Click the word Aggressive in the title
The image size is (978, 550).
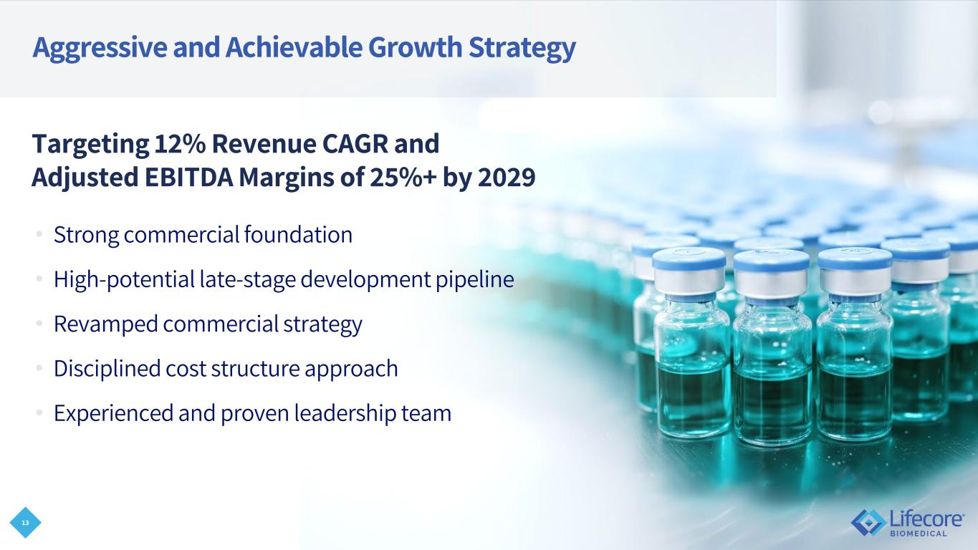(100, 48)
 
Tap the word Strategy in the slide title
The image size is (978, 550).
(522, 48)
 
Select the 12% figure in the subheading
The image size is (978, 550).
(180, 144)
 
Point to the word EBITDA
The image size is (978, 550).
(188, 177)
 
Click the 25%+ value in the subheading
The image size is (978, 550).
(403, 177)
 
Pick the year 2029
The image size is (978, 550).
(507, 177)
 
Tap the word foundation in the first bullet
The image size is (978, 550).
(298, 234)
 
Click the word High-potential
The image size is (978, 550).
(124, 279)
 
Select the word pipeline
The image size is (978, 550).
(474, 279)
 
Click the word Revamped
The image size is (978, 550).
(105, 324)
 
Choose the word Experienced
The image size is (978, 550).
(113, 413)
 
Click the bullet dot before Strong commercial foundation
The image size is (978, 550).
(39, 235)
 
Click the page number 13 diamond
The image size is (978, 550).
(25, 523)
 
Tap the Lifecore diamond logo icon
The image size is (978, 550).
(868, 522)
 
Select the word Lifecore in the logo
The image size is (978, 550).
(926, 518)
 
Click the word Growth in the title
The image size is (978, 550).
(416, 47)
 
